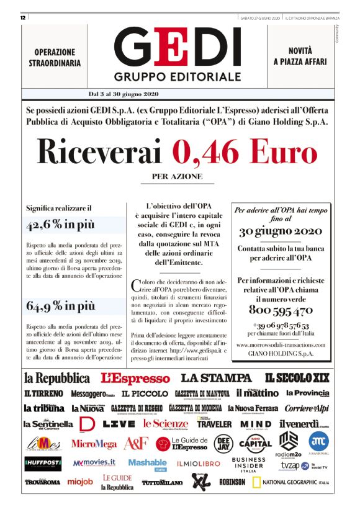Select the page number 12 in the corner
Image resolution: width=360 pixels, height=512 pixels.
point(22,18)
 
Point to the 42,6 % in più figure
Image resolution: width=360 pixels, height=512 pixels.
point(60,225)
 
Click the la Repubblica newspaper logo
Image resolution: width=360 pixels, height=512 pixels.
point(57,377)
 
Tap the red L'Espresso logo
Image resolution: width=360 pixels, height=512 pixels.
point(135,377)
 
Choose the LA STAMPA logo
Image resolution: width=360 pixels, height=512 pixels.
point(216,377)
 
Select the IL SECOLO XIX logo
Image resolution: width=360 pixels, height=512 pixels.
point(297,377)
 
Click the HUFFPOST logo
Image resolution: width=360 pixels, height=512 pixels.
point(43,463)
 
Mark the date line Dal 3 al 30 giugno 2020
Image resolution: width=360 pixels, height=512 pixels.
point(124,94)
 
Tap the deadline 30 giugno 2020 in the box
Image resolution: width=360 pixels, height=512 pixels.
point(280,231)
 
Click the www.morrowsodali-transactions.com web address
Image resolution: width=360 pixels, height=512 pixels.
point(280,344)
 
